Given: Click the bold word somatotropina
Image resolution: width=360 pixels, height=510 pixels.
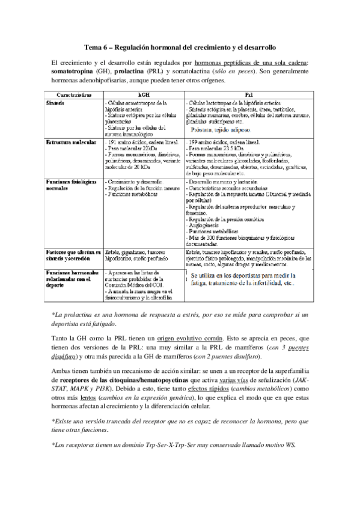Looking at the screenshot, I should pos(75,70).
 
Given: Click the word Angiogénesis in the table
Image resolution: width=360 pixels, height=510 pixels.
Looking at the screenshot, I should pos(210,226).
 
